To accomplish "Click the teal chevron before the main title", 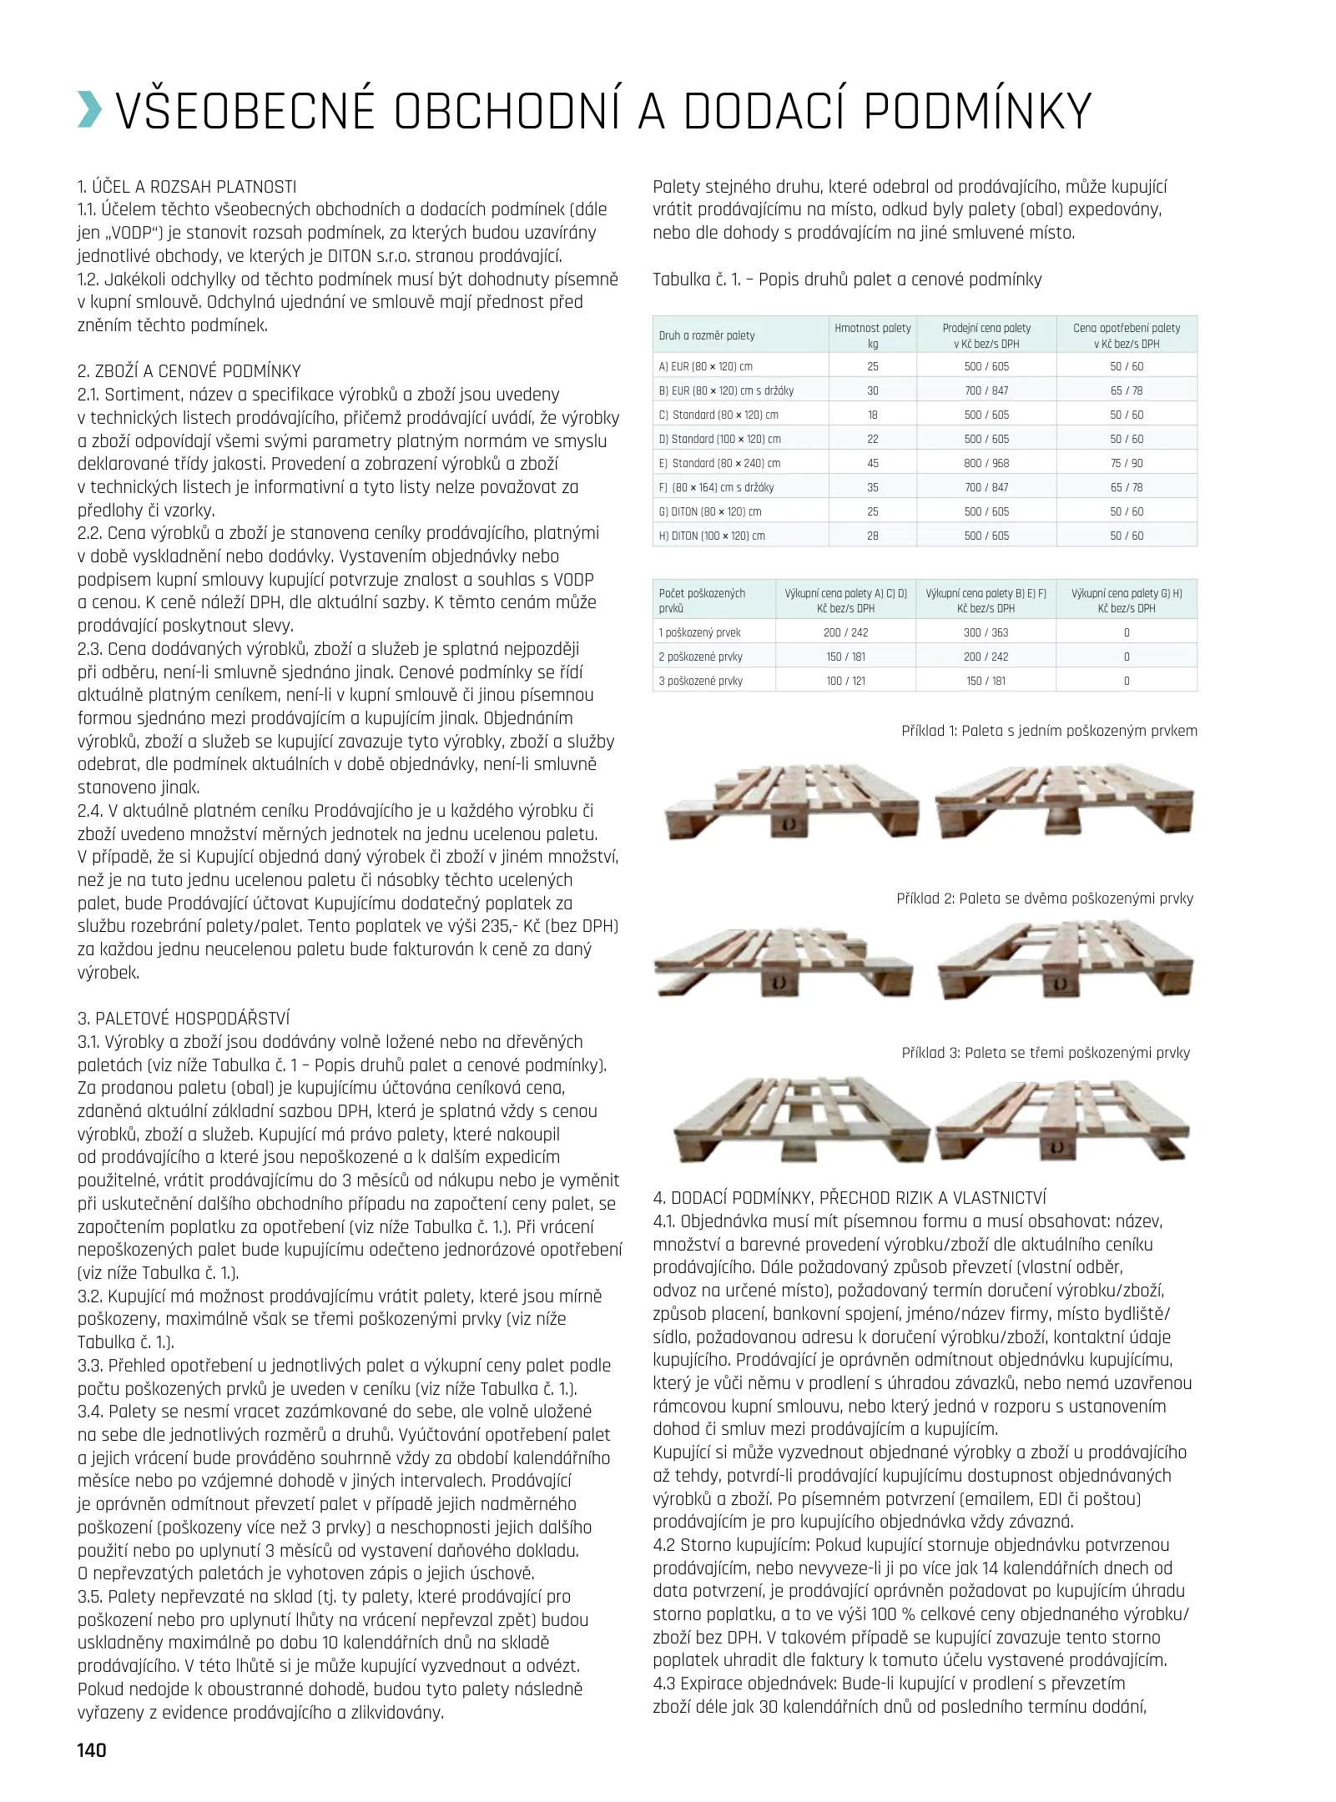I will (x=90, y=112).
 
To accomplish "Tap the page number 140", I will (x=92, y=1749).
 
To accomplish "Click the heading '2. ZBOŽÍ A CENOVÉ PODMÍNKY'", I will (x=189, y=371).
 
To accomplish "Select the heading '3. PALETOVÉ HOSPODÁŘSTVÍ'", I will (x=184, y=1019).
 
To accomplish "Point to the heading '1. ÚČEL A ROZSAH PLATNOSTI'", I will (x=187, y=187).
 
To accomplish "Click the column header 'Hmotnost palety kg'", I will (x=872, y=335).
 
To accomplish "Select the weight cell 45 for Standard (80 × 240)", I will (x=872, y=463).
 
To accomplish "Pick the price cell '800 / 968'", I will (x=986, y=463).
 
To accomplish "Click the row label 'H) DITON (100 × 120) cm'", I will (x=712, y=536).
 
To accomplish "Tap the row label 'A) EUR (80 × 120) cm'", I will (x=705, y=366).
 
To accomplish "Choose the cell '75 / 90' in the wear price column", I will (x=1127, y=463).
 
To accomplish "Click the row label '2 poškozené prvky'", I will (x=700, y=657).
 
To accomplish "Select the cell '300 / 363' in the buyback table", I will (x=986, y=632).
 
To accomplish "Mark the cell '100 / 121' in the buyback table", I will (x=845, y=681).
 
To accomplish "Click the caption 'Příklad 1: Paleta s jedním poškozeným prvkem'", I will (x=1049, y=731).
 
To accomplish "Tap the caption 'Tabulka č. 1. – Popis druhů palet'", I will (x=847, y=279).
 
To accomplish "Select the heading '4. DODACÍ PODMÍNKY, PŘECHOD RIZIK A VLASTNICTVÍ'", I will (x=849, y=1198).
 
